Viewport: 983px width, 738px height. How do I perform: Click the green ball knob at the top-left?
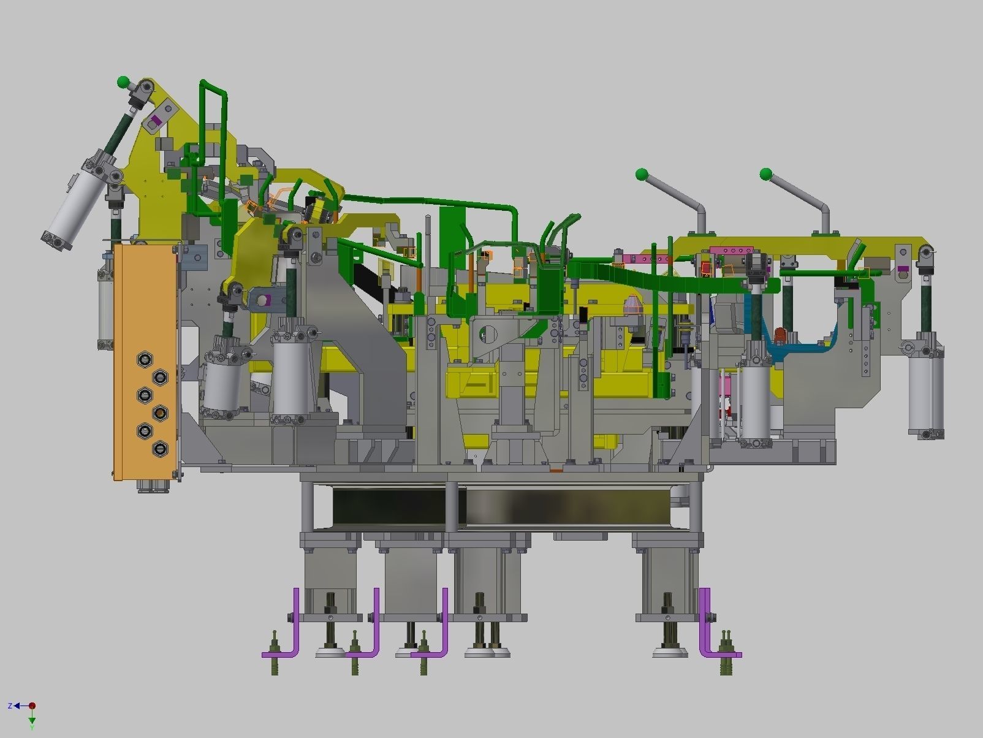tap(123, 82)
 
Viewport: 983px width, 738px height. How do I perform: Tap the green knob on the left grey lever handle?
tap(642, 174)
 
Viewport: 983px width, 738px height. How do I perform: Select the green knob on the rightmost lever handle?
tap(766, 173)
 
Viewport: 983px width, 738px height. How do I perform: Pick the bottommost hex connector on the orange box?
tap(160, 448)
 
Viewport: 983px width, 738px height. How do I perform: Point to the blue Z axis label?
tap(10, 706)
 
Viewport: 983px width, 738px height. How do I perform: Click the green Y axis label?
tap(32, 728)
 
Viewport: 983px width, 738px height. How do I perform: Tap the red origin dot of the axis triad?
tap(32, 706)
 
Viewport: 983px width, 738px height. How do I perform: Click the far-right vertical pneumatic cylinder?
tap(925, 385)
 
